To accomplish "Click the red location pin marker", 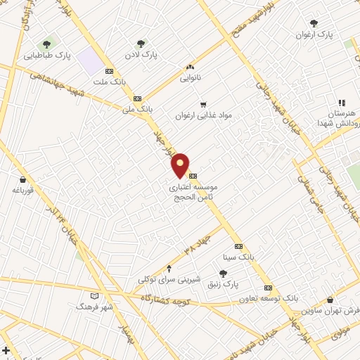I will [x=181, y=165].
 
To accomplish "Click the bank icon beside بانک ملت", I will [x=109, y=71].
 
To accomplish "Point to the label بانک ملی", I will [x=137, y=109].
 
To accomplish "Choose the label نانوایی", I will [x=190, y=78].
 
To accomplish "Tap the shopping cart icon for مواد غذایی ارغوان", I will [x=203, y=104].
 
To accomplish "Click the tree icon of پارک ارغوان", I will [x=314, y=23].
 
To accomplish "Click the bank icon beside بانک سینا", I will [x=238, y=246].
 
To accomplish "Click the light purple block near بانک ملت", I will [x=91, y=61].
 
